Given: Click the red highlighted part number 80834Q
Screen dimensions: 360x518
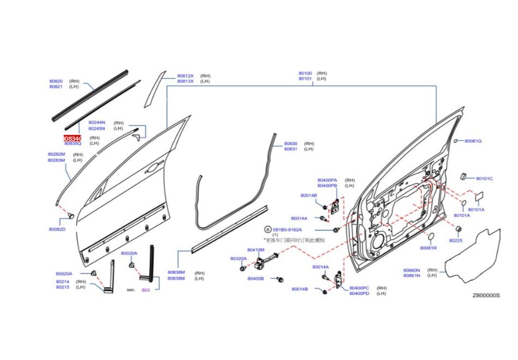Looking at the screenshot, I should click(73, 139).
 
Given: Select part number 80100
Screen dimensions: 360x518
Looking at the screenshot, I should click(305, 73).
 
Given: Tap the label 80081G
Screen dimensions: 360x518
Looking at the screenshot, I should click(473, 141).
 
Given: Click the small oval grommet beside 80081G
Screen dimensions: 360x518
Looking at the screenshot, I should click(455, 140).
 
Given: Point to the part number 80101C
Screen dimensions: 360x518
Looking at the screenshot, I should click(484, 179).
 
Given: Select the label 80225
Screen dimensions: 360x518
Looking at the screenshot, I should click(455, 240).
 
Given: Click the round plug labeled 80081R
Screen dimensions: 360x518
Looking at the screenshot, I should click(428, 236).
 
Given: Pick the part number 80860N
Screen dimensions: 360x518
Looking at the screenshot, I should click(412, 270).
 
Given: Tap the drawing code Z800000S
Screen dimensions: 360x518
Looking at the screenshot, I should click(486, 296).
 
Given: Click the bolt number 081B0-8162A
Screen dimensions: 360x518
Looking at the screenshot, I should click(287, 230).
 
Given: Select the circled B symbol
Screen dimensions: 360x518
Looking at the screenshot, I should click(268, 229).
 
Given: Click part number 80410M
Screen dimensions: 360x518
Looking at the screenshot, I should click(255, 250).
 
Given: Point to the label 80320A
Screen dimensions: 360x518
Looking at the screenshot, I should click(239, 258).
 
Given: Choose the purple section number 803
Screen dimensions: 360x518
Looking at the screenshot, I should click(146, 290).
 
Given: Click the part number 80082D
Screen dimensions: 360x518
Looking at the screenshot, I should click(57, 229).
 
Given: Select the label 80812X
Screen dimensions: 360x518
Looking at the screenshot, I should click(185, 76).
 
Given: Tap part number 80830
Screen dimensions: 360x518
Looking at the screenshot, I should click(290, 143).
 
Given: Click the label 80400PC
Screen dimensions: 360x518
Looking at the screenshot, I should click(359, 287).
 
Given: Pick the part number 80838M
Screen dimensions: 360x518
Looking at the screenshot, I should click(176, 272).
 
